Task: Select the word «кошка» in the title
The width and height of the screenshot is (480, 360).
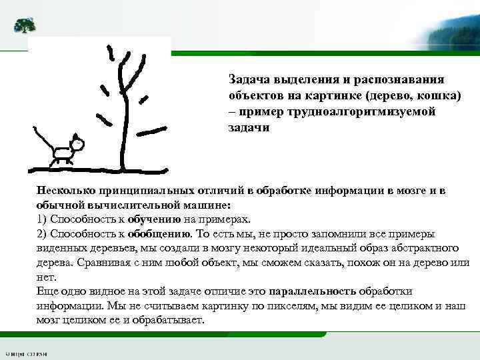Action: pyautogui.click(x=441, y=95)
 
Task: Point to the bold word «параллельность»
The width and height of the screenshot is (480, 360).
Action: pyautogui.click(x=313, y=292)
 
